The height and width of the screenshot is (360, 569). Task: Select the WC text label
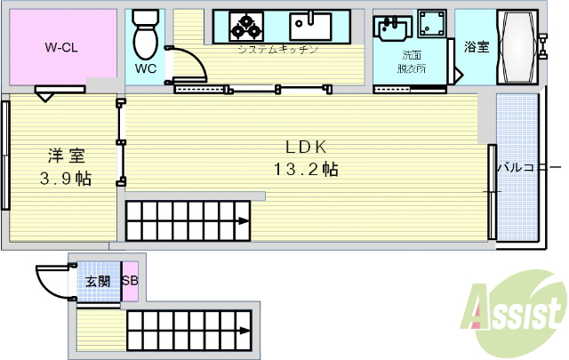point(145,68)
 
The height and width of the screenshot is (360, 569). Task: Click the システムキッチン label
point(276,50)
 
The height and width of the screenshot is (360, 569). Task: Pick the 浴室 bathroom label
point(476,48)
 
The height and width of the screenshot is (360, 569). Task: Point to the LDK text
point(307,148)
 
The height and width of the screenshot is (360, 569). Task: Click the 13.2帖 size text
point(307,169)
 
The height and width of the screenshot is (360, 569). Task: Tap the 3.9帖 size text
point(66,178)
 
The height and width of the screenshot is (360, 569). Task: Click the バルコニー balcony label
point(528,167)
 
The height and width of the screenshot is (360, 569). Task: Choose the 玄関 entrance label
point(98,282)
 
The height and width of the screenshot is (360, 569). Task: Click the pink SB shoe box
point(130,282)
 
